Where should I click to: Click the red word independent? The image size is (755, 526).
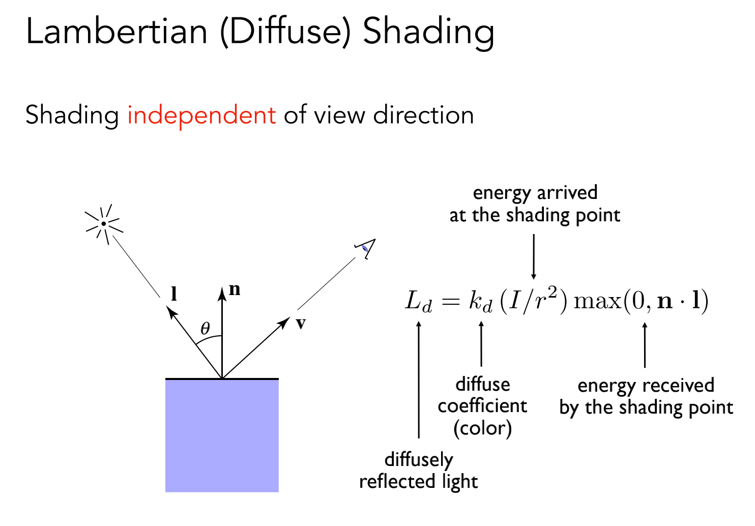click(201, 115)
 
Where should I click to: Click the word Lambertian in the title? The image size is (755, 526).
click(117, 32)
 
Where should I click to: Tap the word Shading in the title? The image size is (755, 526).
click(428, 32)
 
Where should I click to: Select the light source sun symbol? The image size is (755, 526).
click(104, 224)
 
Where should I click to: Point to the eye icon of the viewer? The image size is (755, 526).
click(365, 248)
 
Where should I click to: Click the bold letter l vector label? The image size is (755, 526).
click(174, 294)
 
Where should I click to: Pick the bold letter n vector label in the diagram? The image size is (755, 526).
click(235, 289)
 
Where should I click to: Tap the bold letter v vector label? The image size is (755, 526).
click(301, 323)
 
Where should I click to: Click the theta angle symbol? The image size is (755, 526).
click(205, 328)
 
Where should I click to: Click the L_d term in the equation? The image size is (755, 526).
click(418, 301)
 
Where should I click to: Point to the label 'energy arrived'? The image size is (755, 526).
click(535, 193)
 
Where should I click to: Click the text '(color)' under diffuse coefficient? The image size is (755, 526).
click(482, 428)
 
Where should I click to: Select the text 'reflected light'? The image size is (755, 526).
click(418, 481)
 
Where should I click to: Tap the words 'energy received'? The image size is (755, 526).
click(646, 385)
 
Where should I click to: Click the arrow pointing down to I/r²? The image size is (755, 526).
click(534, 256)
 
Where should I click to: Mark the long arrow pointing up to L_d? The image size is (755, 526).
click(419, 379)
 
